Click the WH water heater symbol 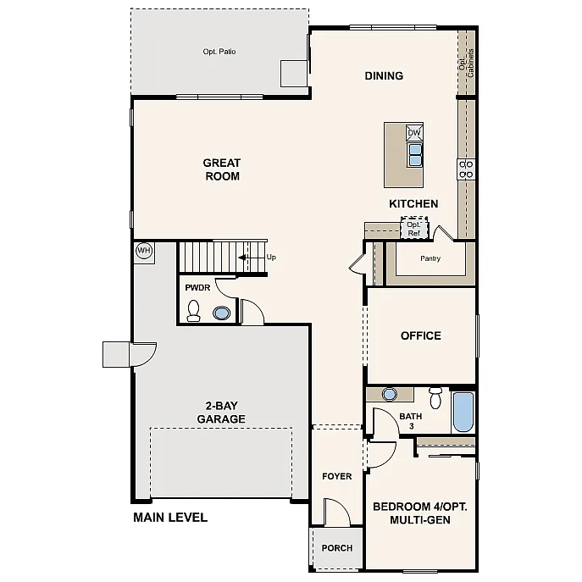(143, 251)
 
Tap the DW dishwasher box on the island (414, 133)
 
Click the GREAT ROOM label (221, 169)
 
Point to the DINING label (384, 76)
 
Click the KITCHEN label (413, 204)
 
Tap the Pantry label (430, 258)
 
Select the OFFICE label (421, 335)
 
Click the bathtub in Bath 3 (463, 412)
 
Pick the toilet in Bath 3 (435, 397)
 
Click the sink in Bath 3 (390, 394)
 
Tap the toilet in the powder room (194, 311)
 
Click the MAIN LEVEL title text (170, 518)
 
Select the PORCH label (336, 548)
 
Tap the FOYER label (336, 476)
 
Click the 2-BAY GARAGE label (221, 413)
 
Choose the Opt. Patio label (219, 53)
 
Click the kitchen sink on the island (415, 154)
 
